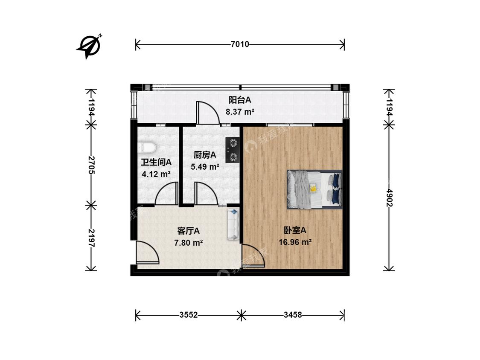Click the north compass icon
pos(90,45)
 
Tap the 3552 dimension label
pos(188,315)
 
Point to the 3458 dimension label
pos(293,315)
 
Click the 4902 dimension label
pos(389,197)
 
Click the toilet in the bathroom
pos(147,148)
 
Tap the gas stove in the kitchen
pos(233,150)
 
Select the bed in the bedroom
pos(315,189)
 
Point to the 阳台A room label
pos(239,100)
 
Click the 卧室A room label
pos(295,230)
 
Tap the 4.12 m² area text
pos(156,174)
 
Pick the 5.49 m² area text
pos(205,167)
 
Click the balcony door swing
pos(207,113)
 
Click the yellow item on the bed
pos(313,188)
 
